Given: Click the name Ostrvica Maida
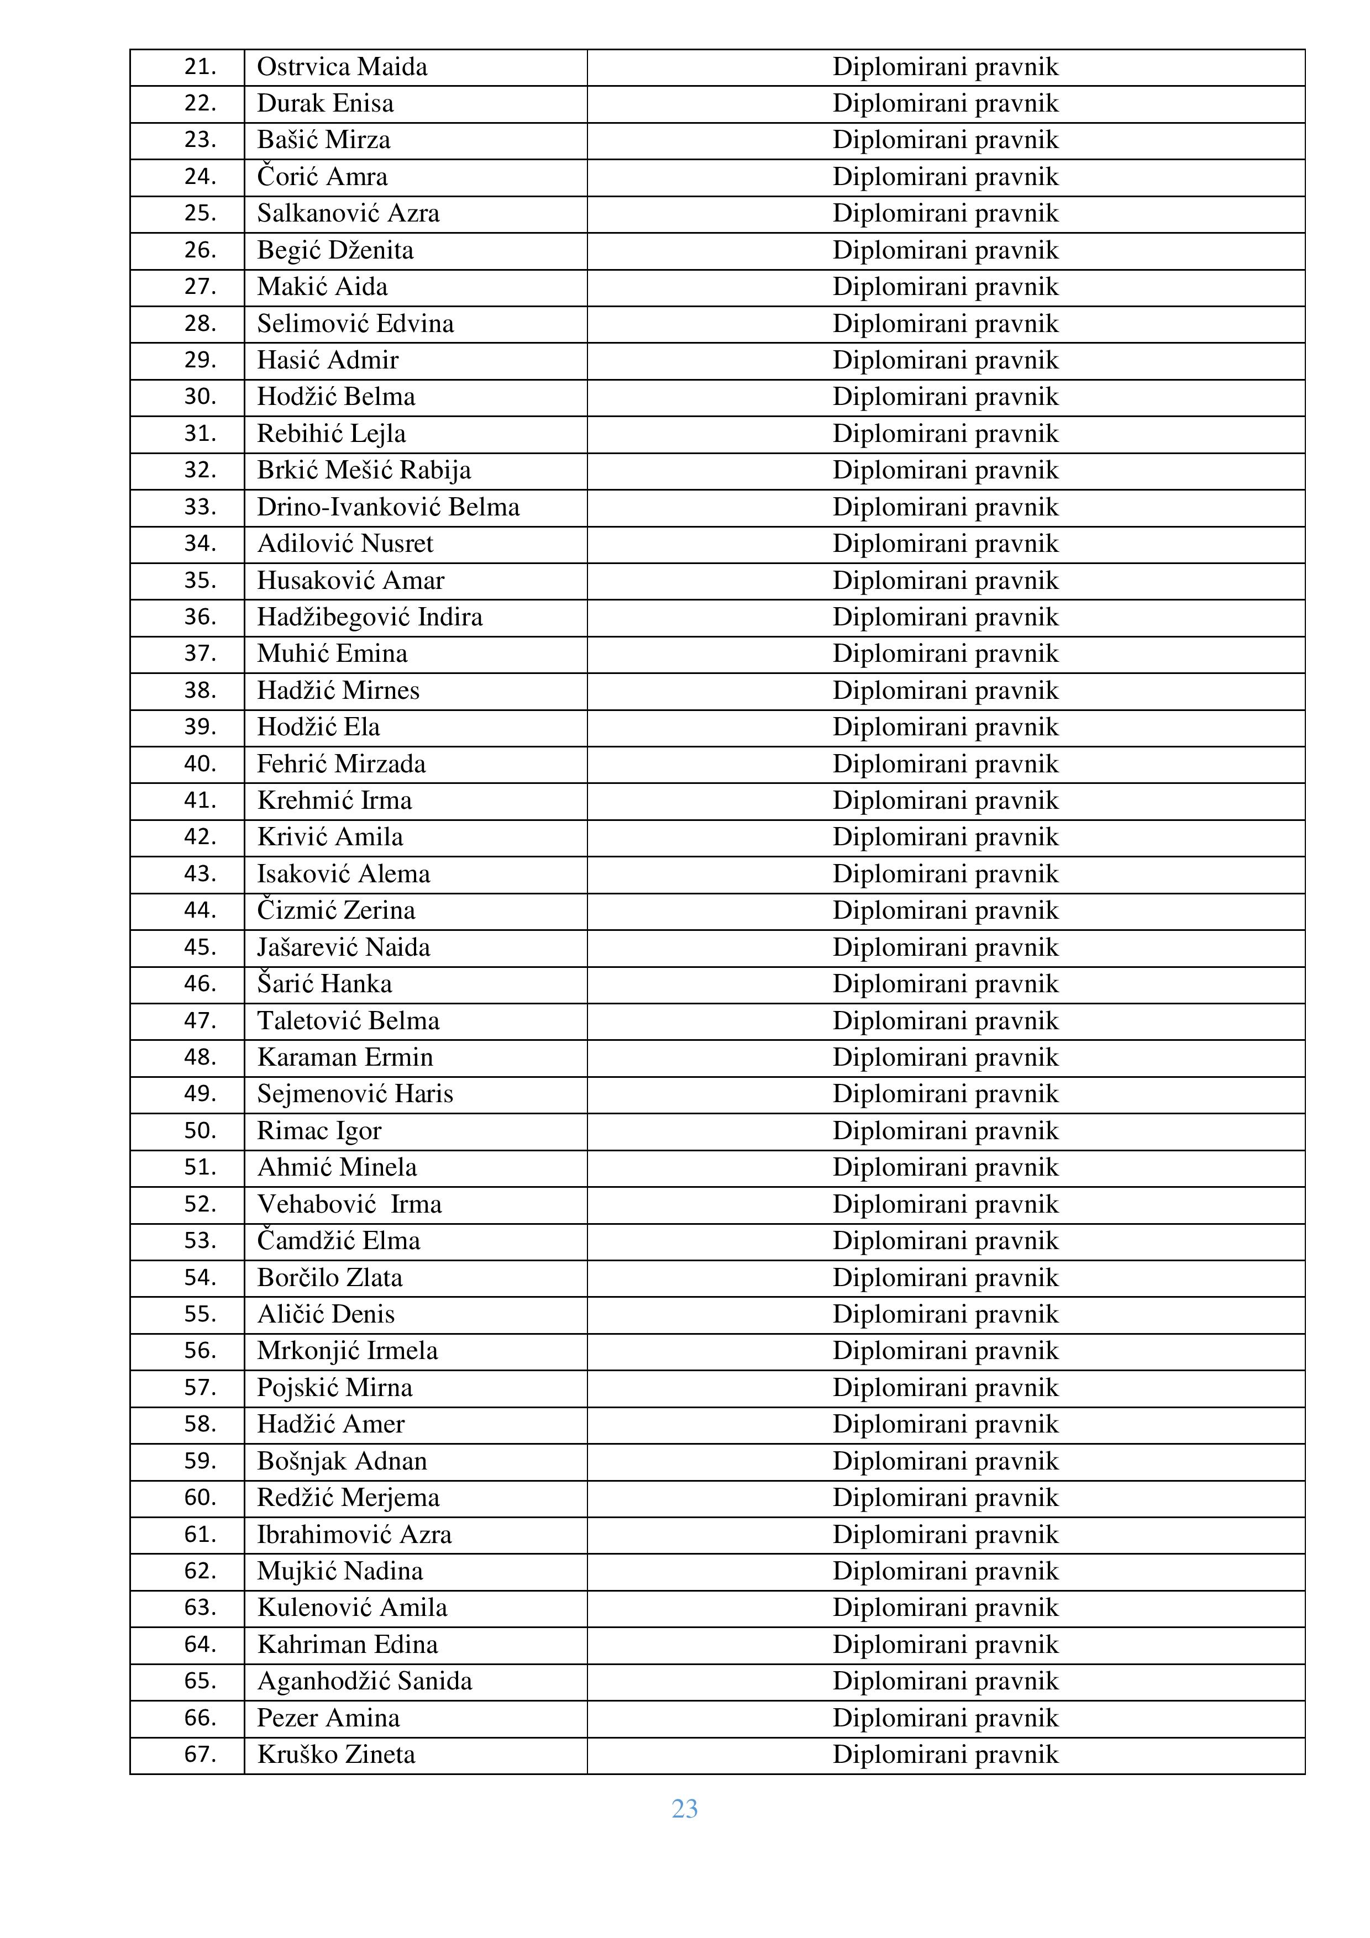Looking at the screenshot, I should (x=342, y=67).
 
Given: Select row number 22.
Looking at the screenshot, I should (x=200, y=104).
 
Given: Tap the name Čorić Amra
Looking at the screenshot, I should (x=322, y=177).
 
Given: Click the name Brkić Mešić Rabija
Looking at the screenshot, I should (x=364, y=470).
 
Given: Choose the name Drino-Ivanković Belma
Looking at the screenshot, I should (x=389, y=507).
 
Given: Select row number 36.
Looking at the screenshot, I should (x=200, y=617).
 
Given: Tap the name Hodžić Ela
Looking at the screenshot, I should (x=318, y=728).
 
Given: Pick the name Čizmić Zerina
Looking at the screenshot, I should (x=336, y=911).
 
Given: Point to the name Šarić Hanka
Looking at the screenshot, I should (x=324, y=984).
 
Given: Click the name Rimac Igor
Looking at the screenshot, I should (x=319, y=1131).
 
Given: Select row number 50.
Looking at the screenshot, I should (x=200, y=1131).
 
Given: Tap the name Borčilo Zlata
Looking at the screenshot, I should (x=329, y=1278).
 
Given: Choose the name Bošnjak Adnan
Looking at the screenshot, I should (x=342, y=1461).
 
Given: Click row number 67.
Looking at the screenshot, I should (x=200, y=1755).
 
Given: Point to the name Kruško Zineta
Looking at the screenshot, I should (x=336, y=1755).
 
